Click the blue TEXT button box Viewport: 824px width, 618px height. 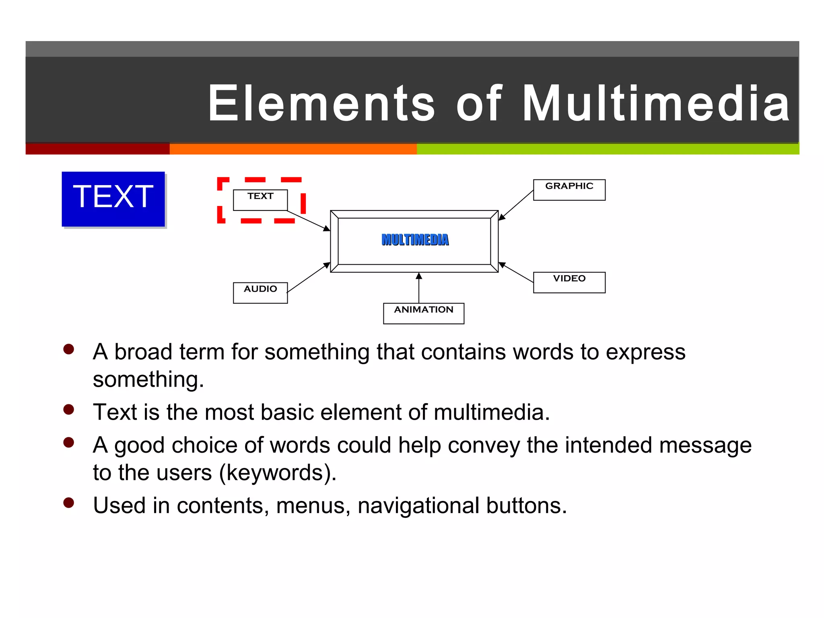[x=113, y=199]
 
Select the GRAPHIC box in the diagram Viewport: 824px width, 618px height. [x=569, y=190]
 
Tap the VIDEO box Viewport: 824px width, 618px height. [x=569, y=282]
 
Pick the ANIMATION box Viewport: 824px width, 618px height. [x=423, y=313]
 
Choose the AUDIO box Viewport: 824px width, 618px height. [x=260, y=293]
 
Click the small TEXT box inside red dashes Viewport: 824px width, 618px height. [x=260, y=200]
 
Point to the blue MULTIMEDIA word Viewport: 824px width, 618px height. [x=415, y=240]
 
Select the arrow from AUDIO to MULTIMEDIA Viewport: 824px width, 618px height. [x=309, y=277]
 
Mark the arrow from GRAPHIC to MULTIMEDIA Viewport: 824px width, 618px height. [x=516, y=205]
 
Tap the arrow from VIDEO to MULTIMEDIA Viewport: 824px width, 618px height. [x=516, y=272]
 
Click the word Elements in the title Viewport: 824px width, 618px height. [x=321, y=103]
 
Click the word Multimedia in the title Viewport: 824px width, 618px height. [x=656, y=103]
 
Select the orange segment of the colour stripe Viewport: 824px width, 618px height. [x=293, y=149]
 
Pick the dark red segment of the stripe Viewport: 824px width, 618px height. [x=97, y=149]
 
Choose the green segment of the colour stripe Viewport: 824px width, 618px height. [x=608, y=149]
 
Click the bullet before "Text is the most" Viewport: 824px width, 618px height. [x=69, y=410]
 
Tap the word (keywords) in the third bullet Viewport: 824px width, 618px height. [x=278, y=473]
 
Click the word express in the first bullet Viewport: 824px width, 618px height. [x=645, y=352]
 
